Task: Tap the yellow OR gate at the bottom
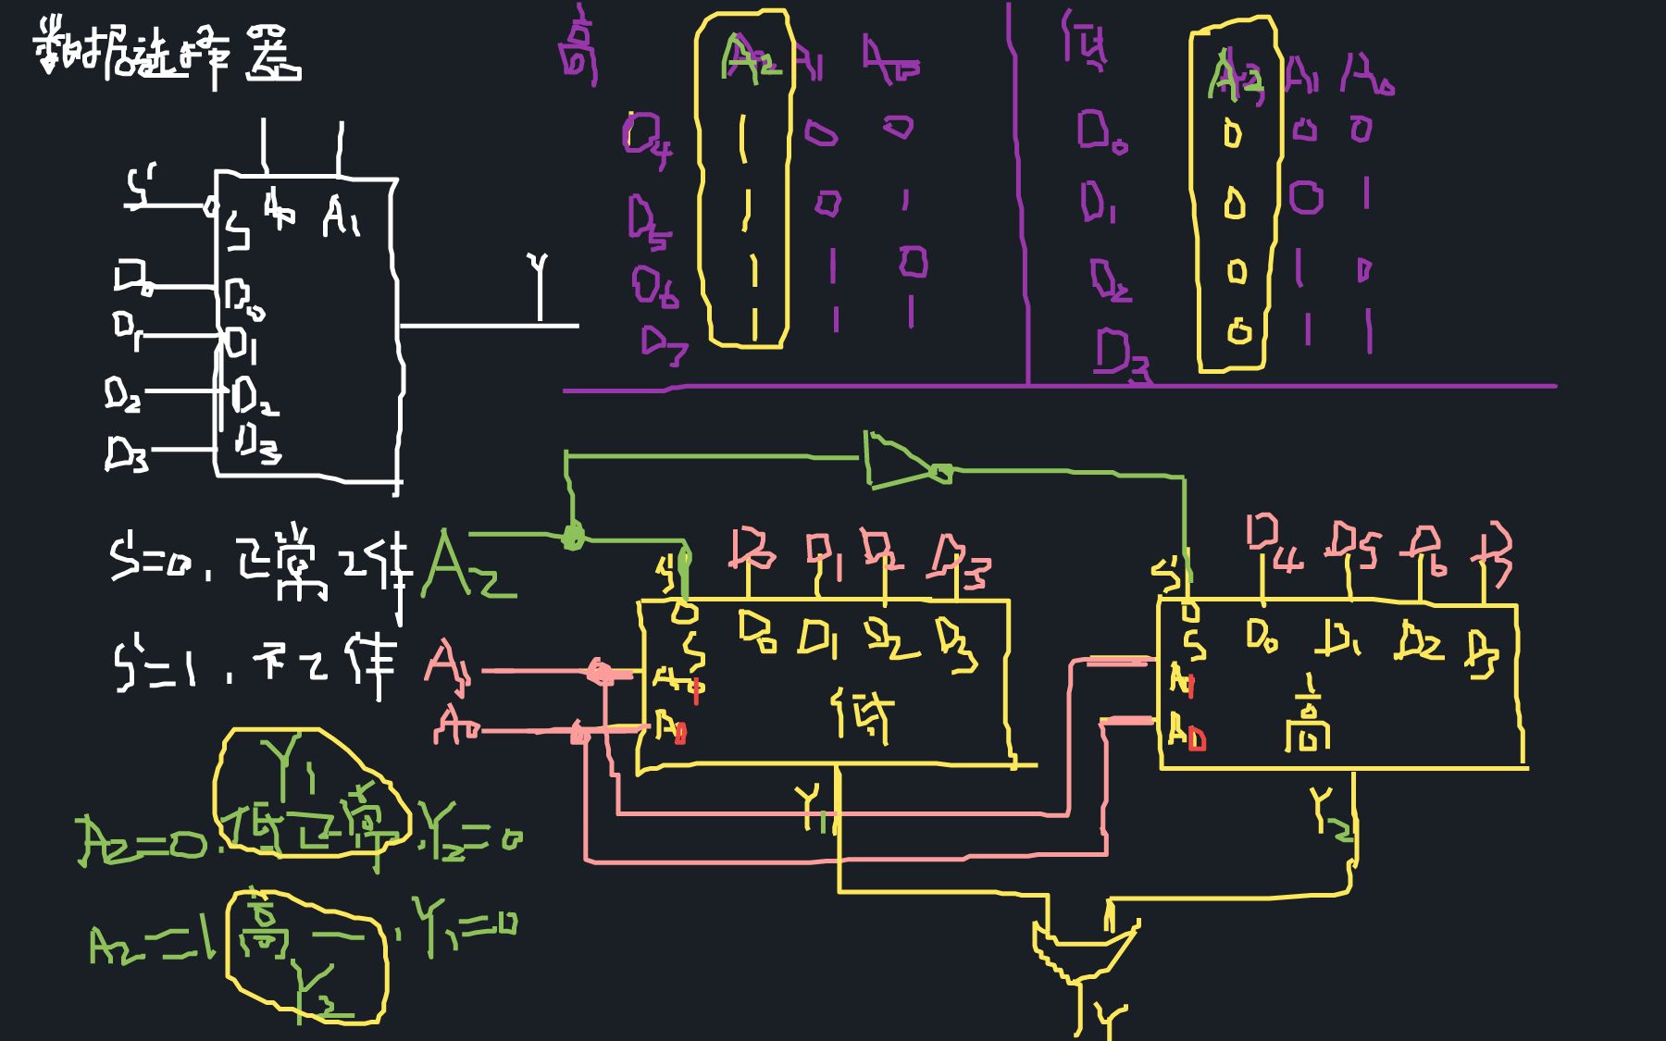click(1083, 948)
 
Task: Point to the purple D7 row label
click(663, 344)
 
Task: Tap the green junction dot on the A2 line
click(573, 535)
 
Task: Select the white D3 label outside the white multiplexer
click(126, 453)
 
